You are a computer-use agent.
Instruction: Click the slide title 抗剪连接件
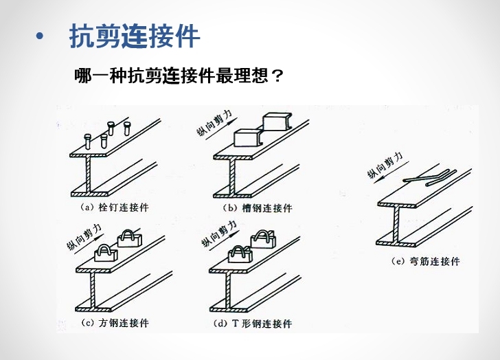[135, 37]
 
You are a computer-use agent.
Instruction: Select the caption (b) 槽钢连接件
[258, 207]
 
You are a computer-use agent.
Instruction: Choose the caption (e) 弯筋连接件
[424, 262]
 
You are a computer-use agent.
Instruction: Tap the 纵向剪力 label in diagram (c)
[84, 236]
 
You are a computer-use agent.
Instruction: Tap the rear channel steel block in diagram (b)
[276, 122]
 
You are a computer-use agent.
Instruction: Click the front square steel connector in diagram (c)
[104, 254]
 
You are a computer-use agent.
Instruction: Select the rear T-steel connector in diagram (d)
[262, 238]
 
